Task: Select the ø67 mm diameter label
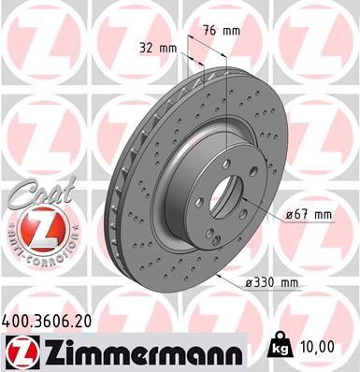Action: pos(308,214)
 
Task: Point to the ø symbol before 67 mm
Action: pos(287,215)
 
